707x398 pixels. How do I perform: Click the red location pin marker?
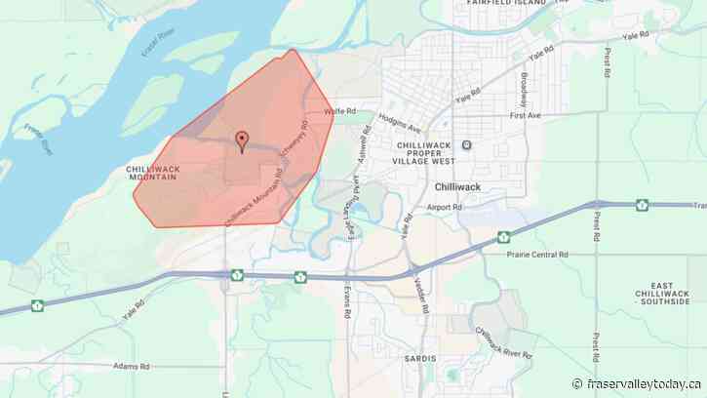[242, 140]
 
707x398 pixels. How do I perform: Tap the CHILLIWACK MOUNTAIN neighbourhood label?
[152, 173]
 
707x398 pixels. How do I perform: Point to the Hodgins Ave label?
[401, 128]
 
